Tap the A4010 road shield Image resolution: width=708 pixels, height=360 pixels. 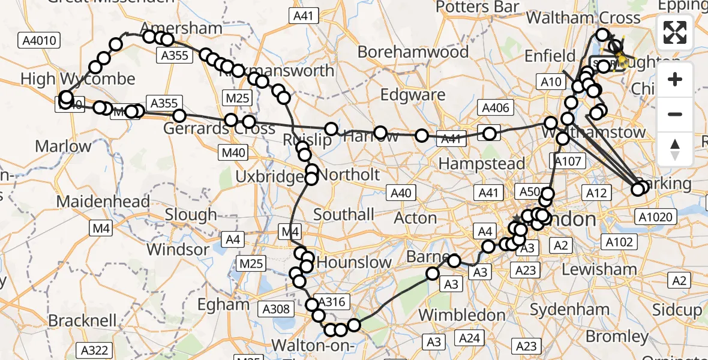[x=40, y=41]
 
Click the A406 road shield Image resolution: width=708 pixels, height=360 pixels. [x=496, y=108]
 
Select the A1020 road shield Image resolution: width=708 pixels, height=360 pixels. [x=657, y=217]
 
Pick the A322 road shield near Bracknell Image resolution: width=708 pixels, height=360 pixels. [x=95, y=350]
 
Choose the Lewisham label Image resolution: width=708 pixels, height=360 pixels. [x=599, y=269]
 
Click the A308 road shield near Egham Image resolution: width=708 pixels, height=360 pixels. [x=277, y=310]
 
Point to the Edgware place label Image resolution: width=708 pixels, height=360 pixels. [x=413, y=95]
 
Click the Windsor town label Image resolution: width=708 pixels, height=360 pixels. [x=176, y=248]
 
